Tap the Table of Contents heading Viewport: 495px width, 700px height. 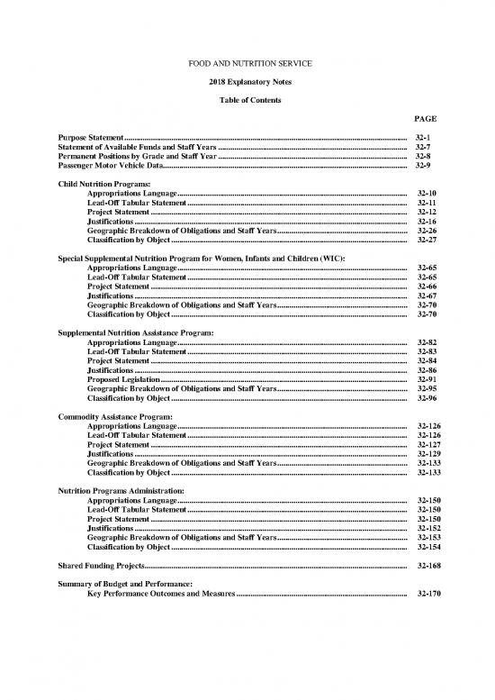(x=247, y=99)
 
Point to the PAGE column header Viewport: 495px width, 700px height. (x=426, y=118)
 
